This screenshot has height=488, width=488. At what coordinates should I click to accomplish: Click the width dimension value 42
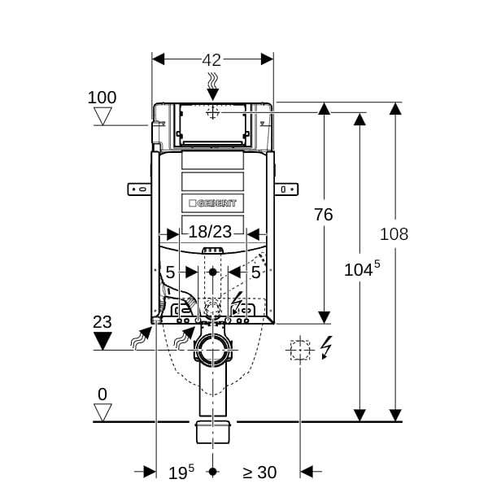212,59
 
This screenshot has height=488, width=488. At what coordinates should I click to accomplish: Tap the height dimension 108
394,234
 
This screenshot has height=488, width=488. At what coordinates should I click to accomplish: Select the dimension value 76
324,215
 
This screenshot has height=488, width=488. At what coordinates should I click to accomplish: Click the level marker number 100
102,98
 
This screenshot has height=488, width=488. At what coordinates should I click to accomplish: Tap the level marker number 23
102,322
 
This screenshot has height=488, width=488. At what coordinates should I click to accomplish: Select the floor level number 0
102,394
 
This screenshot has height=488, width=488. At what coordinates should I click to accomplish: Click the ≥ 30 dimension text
259,471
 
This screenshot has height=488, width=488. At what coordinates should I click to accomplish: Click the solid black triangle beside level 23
102,341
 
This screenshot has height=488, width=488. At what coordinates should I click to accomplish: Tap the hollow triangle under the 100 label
102,116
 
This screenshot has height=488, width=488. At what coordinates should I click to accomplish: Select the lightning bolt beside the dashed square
327,347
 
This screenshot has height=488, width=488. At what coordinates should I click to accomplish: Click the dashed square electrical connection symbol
300,350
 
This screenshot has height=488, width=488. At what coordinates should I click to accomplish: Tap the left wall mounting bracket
139,190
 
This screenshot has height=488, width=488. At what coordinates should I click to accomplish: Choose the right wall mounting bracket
286,190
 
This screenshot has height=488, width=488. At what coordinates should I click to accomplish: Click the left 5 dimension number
170,272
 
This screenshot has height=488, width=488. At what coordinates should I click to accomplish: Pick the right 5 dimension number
255,272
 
